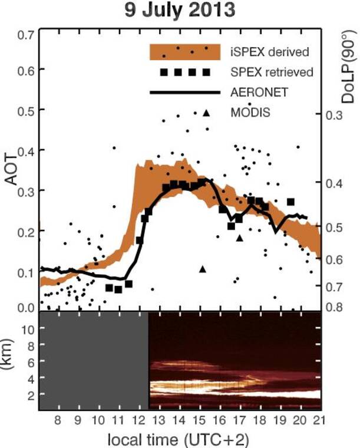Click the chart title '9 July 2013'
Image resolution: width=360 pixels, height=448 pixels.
179,11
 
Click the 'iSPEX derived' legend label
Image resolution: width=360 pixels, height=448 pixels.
269,52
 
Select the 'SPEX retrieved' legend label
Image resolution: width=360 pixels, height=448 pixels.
272,72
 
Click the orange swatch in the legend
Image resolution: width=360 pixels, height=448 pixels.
184,52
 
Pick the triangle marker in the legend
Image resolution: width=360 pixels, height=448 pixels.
206,112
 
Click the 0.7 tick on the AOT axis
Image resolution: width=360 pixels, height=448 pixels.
25,35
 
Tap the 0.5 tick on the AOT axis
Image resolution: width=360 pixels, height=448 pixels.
25,110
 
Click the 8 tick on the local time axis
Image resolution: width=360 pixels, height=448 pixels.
57,420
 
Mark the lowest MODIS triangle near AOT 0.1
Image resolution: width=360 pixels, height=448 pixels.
203,269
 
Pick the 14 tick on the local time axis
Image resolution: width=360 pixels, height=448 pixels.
179,420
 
